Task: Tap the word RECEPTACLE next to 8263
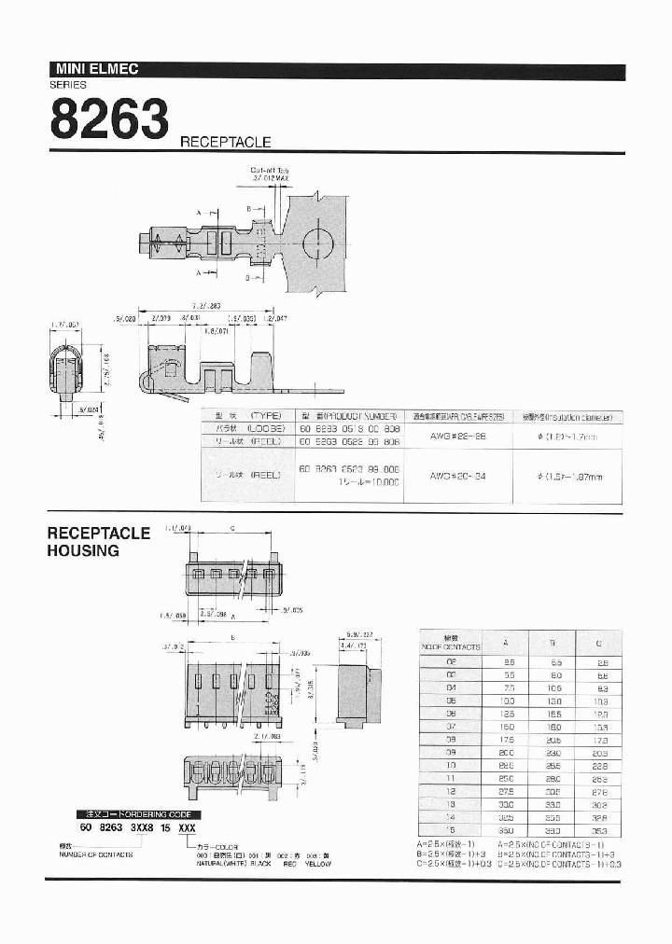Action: click(225, 143)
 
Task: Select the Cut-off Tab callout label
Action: click(271, 171)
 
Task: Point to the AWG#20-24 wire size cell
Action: click(457, 476)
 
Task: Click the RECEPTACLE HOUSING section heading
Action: click(98, 542)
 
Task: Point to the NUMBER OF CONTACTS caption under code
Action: click(94, 854)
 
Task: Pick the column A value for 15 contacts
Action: click(505, 827)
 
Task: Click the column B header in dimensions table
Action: click(554, 642)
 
